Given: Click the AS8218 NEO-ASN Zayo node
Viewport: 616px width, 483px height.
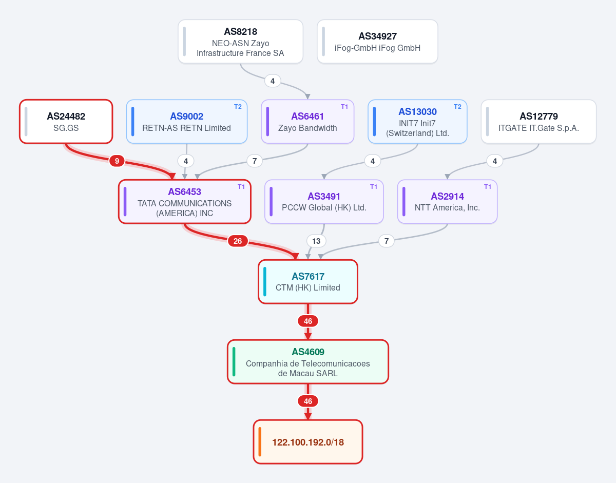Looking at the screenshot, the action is coord(240,42).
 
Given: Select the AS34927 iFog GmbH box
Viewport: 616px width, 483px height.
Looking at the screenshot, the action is coord(377,42).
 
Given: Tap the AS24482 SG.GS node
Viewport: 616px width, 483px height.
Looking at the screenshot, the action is coord(66,122).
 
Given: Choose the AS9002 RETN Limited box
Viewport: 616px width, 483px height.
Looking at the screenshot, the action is coord(186,122).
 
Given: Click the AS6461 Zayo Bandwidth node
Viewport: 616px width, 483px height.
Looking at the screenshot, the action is coord(307,122).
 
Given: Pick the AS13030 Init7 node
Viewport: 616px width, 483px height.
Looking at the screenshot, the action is coord(417,122).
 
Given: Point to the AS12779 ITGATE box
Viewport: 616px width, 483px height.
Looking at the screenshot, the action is coord(538,122).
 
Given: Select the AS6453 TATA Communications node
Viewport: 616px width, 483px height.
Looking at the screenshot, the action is coord(185,202).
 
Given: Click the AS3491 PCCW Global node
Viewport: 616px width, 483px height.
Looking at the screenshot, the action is coord(324,202).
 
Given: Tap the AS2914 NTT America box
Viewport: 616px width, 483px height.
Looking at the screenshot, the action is coord(447,202).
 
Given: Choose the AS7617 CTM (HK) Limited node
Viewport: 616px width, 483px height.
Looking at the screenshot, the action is coord(308,282).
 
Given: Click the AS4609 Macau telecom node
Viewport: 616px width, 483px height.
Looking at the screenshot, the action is coord(308,362).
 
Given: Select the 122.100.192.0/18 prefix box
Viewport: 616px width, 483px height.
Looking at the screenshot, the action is coord(308,442).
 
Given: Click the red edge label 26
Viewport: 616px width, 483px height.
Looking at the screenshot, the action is coord(238,241).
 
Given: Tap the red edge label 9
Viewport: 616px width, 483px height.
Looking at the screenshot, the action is coord(117,161).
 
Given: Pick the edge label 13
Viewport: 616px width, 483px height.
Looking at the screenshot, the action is coord(316,241).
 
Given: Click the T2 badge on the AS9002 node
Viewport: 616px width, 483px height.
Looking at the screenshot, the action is coord(238,107).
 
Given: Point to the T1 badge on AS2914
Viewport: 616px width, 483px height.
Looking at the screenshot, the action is coord(488,186).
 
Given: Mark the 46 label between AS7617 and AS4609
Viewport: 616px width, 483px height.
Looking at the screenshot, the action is coord(308,321).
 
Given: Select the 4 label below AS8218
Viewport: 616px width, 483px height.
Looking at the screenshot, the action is coord(273,81).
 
